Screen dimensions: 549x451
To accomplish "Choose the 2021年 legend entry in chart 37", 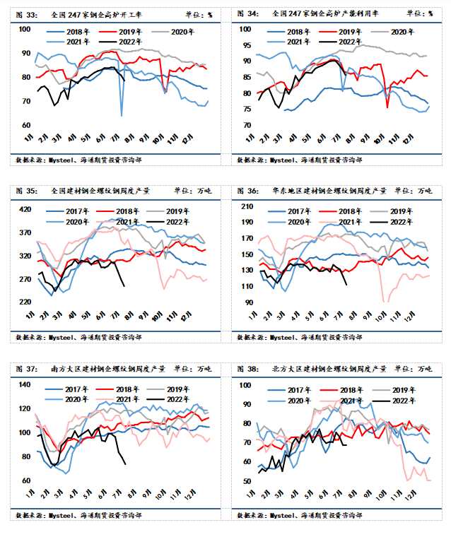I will coord(129,399).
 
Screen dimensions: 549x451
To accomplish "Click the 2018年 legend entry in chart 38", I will coord(347,389).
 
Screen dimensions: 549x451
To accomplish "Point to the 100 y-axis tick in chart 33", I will coord(25,29).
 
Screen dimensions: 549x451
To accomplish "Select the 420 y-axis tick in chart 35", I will coord(25,209).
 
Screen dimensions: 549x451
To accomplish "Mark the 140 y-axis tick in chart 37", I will coord(25,384).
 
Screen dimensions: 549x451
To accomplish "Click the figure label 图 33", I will coord(25,13).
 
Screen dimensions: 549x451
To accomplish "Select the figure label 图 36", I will coord(247,191).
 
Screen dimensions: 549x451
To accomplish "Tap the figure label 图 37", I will coord(25,369).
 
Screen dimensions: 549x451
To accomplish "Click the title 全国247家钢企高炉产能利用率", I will coord(324,13).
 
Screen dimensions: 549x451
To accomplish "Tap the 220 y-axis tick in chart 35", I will coord(25,302).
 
